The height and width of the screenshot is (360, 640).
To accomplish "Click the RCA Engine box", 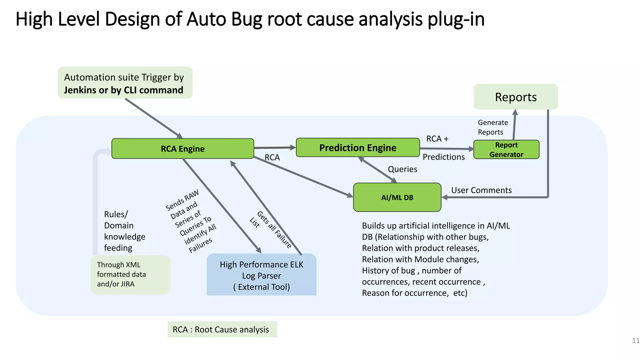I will [182, 149].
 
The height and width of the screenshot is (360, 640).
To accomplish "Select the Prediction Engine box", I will [357, 147].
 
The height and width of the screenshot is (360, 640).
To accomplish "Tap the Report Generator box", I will [506, 150].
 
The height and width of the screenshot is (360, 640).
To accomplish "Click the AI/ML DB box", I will [397, 197].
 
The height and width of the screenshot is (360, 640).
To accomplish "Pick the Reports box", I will [516, 97].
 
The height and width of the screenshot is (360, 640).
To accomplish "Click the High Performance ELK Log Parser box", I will [262, 275].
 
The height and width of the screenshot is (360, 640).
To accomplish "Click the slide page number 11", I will [635, 341].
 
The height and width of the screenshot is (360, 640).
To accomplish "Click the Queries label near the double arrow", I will [402, 169].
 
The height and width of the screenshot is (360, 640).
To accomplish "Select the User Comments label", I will [481, 190].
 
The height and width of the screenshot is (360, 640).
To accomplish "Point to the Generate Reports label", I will [492, 127].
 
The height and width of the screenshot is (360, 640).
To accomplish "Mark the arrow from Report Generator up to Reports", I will [514, 125].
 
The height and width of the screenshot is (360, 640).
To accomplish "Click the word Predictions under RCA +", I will [443, 157].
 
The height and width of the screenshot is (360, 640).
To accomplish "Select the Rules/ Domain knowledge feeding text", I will [124, 231].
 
